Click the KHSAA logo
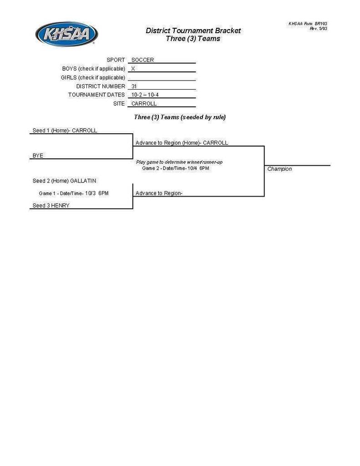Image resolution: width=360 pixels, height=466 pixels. (66, 34)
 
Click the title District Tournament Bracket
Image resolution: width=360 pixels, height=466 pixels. (193, 31)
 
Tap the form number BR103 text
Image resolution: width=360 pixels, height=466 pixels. (308, 23)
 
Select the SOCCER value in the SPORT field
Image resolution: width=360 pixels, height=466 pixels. (142, 60)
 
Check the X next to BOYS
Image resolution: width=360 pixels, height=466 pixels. (133, 69)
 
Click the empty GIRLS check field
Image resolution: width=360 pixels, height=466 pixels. (162, 77)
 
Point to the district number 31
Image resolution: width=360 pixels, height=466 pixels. (134, 86)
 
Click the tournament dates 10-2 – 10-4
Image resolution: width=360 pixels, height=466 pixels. (145, 95)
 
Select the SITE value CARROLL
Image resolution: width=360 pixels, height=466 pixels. (144, 103)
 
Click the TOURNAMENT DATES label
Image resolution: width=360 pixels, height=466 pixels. (96, 95)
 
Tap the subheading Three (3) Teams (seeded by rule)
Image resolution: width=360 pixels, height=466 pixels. (180, 117)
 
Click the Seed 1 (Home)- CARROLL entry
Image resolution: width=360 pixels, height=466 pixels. (65, 130)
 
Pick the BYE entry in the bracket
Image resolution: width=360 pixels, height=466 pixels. (38, 156)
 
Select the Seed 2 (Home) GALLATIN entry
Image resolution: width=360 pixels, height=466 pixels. (64, 181)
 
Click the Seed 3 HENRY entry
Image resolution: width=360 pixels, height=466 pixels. (51, 206)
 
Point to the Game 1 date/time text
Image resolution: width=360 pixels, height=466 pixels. (74, 193)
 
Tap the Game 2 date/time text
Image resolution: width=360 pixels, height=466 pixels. (175, 168)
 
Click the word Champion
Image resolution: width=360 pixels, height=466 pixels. (279, 169)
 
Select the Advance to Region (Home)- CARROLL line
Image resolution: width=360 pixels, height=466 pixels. (182, 143)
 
